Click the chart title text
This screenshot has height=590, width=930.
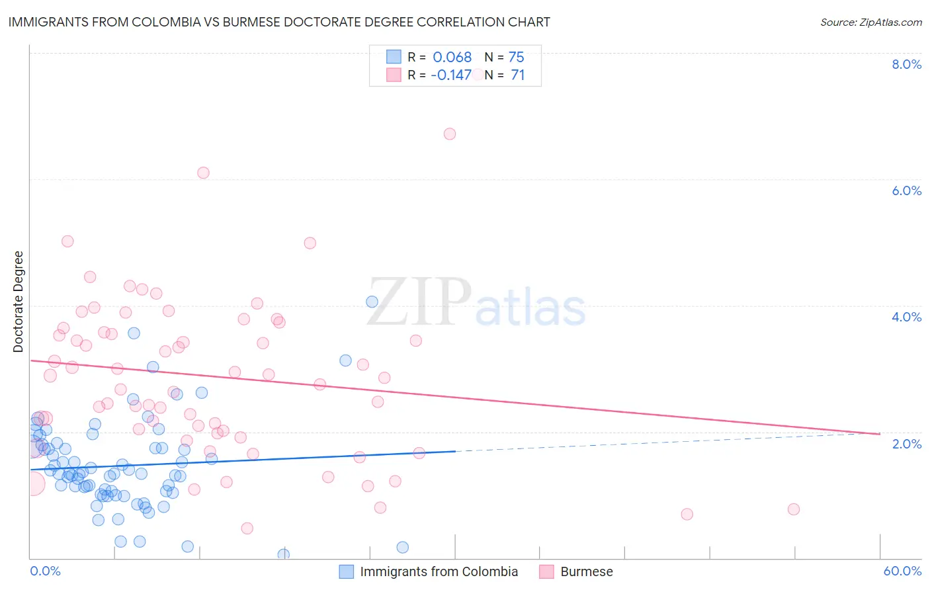[278, 22]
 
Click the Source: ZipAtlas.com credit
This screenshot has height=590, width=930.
[870, 22]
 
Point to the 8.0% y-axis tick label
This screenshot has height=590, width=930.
[906, 64]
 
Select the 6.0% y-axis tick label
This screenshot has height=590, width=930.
[906, 190]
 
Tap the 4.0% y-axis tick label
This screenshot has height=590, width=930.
[906, 317]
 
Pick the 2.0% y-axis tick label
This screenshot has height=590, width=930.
[906, 444]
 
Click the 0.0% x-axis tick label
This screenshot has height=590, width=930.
[45, 571]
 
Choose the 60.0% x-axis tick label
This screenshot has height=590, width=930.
[902, 571]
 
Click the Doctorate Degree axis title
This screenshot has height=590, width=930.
[19, 302]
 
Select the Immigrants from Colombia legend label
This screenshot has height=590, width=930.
[439, 571]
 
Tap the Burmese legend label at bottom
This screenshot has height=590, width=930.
[586, 571]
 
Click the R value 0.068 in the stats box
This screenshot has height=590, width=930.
[452, 57]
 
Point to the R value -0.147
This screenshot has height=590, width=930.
[450, 75]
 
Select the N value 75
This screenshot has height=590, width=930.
[516, 57]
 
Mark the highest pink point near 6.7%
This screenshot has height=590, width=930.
[450, 134]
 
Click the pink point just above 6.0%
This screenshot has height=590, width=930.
[203, 173]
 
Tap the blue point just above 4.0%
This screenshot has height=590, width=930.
[372, 302]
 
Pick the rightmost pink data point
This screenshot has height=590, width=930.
[794, 509]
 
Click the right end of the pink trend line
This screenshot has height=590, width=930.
[880, 434]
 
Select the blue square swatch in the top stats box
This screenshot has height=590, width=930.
[394, 57]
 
